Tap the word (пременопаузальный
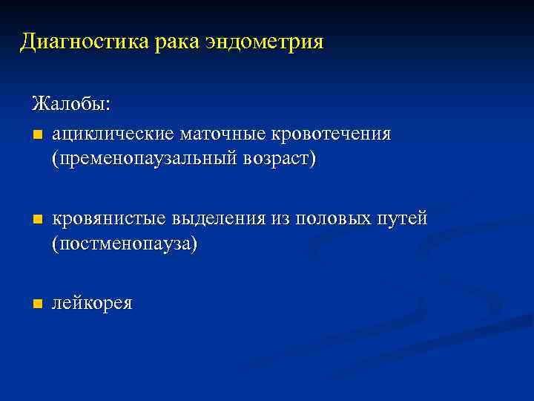click(141, 160)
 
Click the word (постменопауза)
click(125, 244)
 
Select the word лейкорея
click(93, 303)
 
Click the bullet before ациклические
click(38, 135)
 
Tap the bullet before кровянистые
click(38, 220)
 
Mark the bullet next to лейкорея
click(38, 304)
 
